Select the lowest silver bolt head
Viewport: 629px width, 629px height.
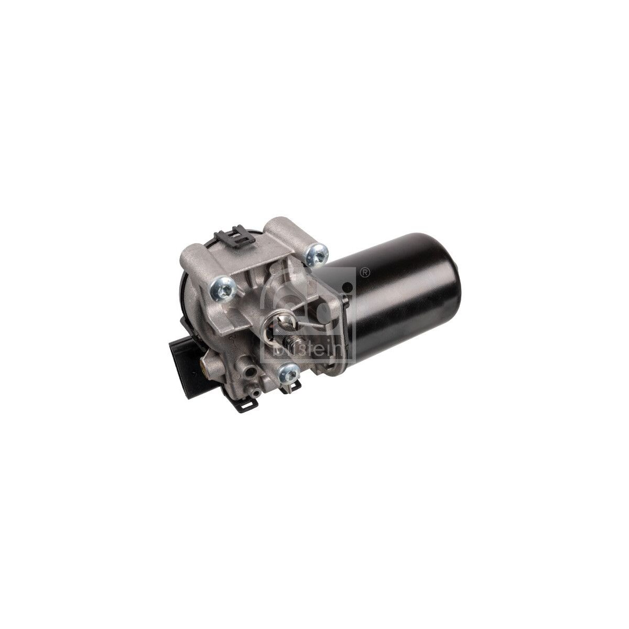coord(287,374)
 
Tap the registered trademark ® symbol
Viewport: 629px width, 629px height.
coord(365,272)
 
